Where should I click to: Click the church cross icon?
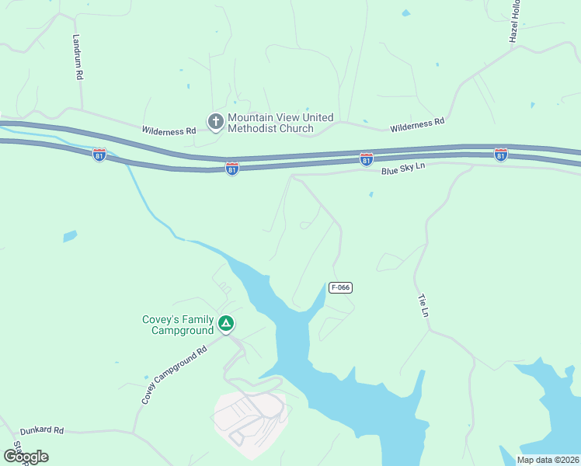pyautogui.click(x=215, y=121)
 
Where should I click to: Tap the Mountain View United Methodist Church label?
pyautogui.click(x=280, y=123)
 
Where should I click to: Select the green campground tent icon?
pyautogui.click(x=225, y=323)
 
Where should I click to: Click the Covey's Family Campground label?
pyautogui.click(x=178, y=325)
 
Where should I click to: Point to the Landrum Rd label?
pyautogui.click(x=78, y=57)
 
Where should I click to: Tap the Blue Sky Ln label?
pyautogui.click(x=404, y=168)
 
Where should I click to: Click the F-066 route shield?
pyautogui.click(x=340, y=287)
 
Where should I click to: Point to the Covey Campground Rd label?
pyautogui.click(x=175, y=374)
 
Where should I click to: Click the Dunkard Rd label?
pyautogui.click(x=42, y=429)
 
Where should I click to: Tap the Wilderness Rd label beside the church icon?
pyautogui.click(x=169, y=131)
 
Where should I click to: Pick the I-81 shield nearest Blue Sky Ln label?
pyautogui.click(x=367, y=159)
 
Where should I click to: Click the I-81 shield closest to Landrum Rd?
pyautogui.click(x=99, y=155)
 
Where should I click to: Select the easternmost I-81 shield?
pyautogui.click(x=500, y=155)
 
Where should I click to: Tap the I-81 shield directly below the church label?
pyautogui.click(x=231, y=168)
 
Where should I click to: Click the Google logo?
pyautogui.click(x=26, y=457)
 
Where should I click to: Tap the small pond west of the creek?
pyautogui.click(x=70, y=235)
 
